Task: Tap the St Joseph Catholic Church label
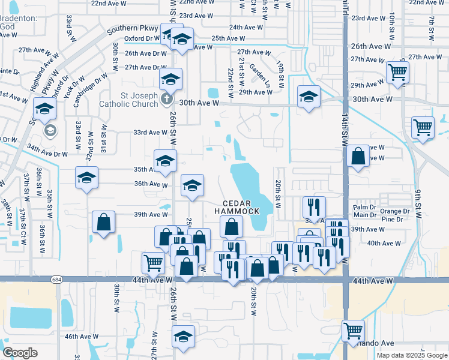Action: coord(130,100)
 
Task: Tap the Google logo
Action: coord(20,353)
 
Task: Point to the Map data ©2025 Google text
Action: coord(412,355)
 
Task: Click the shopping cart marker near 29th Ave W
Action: coord(397,73)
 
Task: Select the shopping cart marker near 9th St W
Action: coord(423,128)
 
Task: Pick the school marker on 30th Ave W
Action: coord(309,97)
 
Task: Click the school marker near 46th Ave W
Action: coord(183,337)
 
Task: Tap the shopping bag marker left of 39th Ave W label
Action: coord(104,222)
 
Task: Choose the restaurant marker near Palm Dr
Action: coord(314,208)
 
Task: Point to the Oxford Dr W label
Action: coord(140,38)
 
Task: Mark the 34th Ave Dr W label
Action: coord(48,154)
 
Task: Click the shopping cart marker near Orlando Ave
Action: coord(353,331)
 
